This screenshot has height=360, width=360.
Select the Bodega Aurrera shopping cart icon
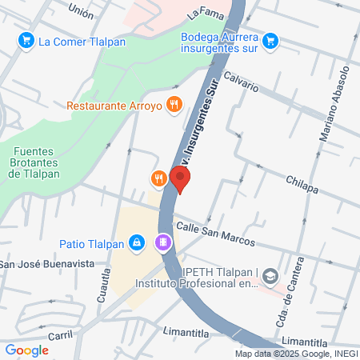[x=270, y=39]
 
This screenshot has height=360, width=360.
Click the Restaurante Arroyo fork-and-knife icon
[x=173, y=104]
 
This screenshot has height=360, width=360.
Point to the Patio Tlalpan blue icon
[x=137, y=242]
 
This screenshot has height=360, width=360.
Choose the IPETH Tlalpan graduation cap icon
[x=272, y=276]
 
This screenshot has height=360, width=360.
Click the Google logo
[x=26, y=350]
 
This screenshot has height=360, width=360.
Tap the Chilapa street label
[x=302, y=185]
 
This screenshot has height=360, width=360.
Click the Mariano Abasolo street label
[x=334, y=105]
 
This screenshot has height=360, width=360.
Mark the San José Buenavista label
[x=46, y=264]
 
